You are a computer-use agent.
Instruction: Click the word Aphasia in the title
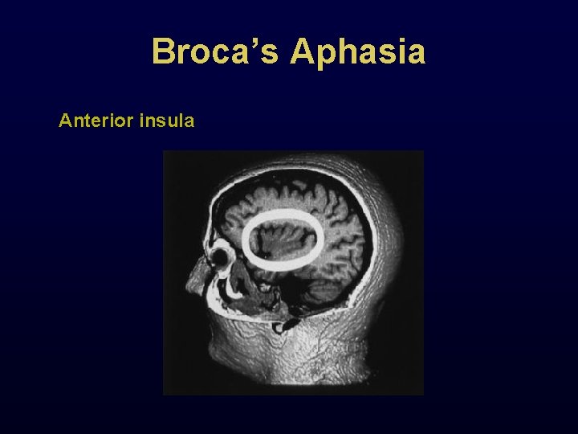coord(358,52)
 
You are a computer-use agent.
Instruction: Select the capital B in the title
coord(164,52)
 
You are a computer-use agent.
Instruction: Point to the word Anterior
coord(96,121)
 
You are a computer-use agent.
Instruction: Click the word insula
coord(167,121)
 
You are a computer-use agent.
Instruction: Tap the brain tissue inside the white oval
coord(283,240)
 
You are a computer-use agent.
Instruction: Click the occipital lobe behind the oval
coord(353,241)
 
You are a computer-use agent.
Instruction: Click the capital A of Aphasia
coord(303,52)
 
